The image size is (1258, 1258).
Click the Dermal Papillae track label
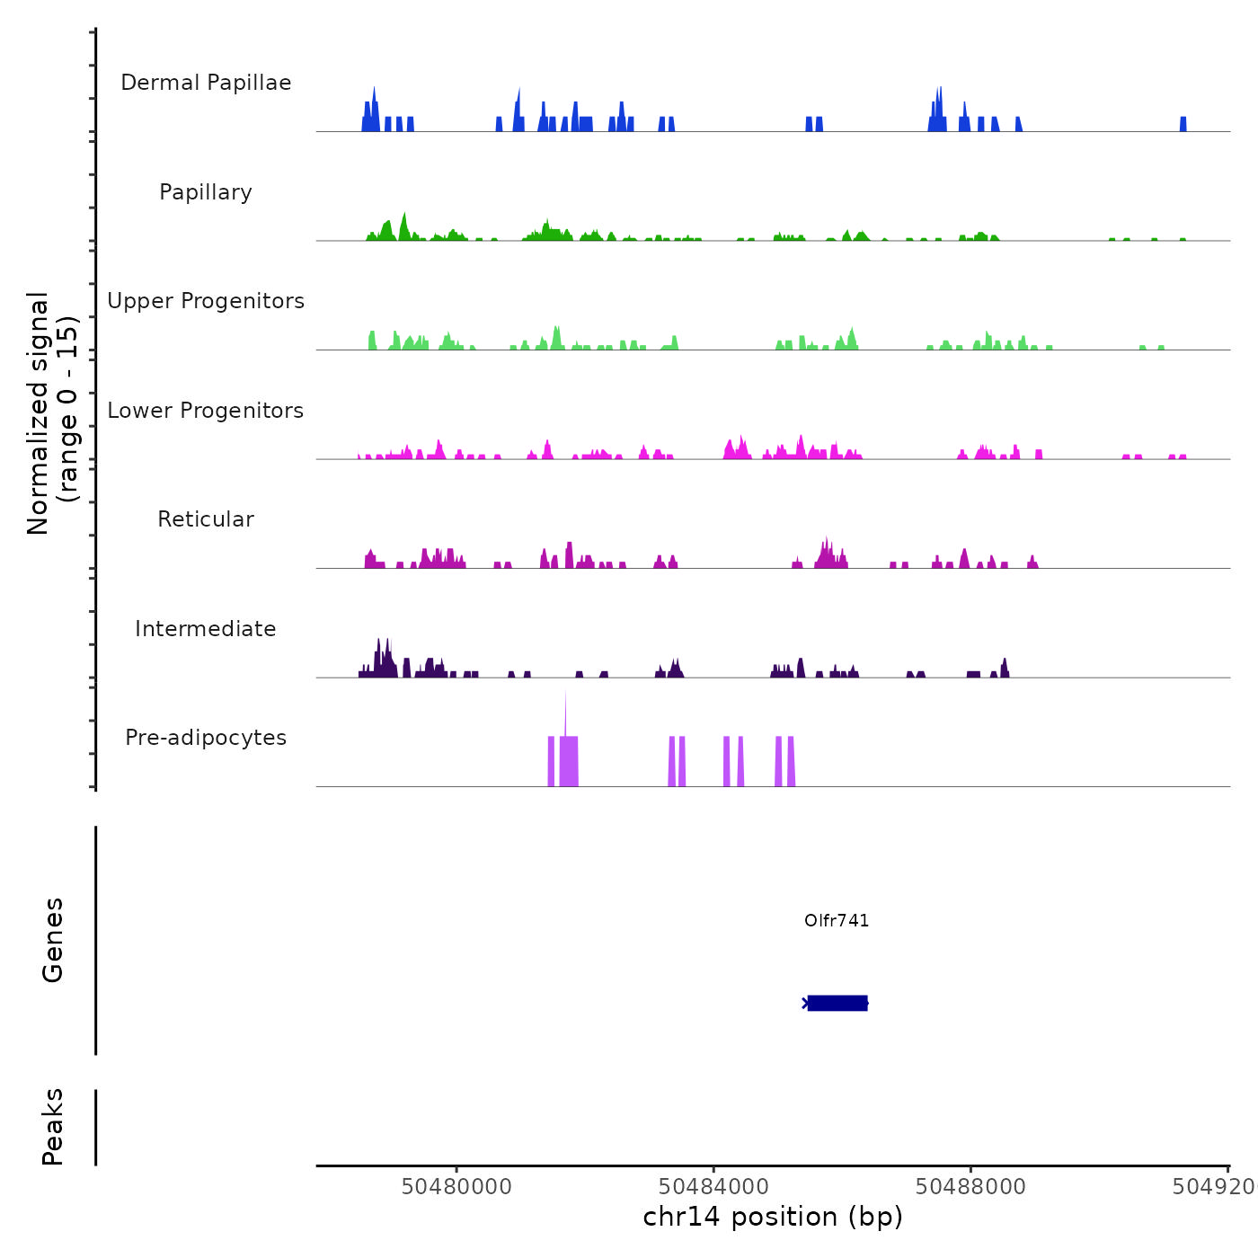(206, 83)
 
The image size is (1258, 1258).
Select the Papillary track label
(206, 192)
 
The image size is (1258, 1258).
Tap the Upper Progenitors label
(206, 301)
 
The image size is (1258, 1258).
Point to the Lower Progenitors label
(206, 411)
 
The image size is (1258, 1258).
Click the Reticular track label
(206, 519)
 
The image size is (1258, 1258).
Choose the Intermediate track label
(206, 629)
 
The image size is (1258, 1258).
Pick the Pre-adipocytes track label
(206, 738)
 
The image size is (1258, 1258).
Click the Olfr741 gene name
(837, 920)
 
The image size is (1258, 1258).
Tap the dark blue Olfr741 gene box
(837, 1003)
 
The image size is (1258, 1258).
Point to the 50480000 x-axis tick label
(456, 1186)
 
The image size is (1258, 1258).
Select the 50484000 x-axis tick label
(713, 1186)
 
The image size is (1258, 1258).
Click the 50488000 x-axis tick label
(970, 1186)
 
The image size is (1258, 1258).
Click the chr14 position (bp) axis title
(773, 1217)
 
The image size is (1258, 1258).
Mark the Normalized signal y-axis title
(52, 412)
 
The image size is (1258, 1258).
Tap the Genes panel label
(52, 940)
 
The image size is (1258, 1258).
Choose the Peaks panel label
(52, 1127)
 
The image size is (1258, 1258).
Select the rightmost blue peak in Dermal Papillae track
(1183, 124)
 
